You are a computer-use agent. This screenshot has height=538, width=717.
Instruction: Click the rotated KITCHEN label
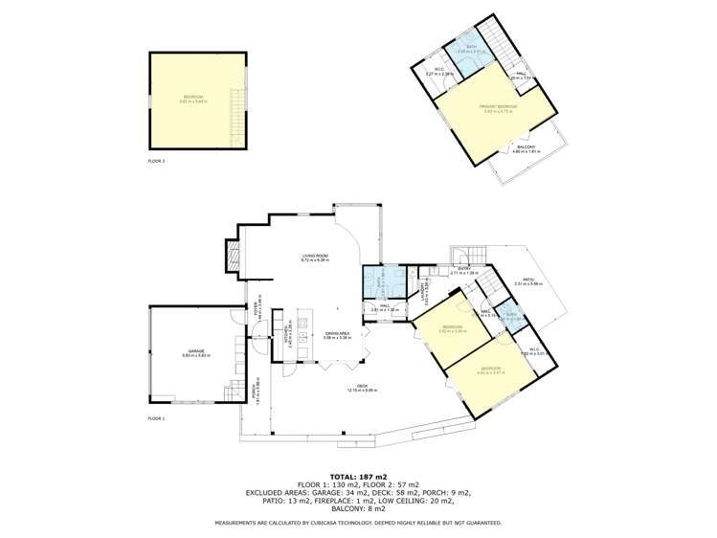click(x=288, y=337)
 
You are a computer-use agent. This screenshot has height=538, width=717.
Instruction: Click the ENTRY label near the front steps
click(x=463, y=269)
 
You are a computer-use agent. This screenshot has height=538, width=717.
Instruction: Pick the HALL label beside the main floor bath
click(x=383, y=307)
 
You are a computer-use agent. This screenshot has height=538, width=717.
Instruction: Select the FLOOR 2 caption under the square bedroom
click(x=157, y=161)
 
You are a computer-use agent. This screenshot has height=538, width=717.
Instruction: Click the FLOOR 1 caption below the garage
click(x=157, y=418)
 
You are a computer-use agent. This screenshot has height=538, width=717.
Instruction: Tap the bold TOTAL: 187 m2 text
click(x=358, y=476)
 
